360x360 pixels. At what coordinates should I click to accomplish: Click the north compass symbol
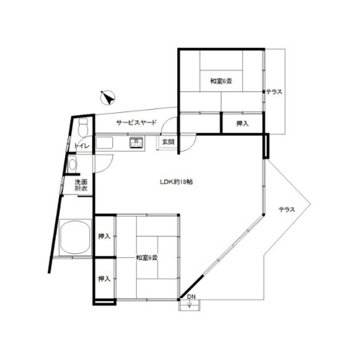108,98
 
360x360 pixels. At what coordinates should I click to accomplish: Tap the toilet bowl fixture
83,128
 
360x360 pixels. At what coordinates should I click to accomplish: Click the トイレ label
81,146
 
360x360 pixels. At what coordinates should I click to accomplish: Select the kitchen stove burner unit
136,142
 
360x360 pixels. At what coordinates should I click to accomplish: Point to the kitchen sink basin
105,142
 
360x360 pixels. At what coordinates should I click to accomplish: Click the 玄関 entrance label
168,142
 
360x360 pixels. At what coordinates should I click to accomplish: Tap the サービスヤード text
136,122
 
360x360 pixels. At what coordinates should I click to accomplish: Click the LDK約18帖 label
176,182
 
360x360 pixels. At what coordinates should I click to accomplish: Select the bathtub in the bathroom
75,238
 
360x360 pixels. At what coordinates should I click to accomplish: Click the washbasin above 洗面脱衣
72,164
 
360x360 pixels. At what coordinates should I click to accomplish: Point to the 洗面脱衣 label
81,185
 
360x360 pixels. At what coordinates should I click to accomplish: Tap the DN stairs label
191,297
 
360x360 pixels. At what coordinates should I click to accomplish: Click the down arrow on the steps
190,304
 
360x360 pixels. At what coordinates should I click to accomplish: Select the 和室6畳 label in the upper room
221,81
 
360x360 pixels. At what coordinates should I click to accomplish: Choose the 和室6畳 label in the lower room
147,258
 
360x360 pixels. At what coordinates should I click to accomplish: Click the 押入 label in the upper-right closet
242,124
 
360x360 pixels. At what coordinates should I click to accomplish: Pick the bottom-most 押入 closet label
105,279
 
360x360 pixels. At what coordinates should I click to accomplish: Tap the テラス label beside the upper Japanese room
274,91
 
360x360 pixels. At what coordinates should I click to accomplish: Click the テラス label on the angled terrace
287,210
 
